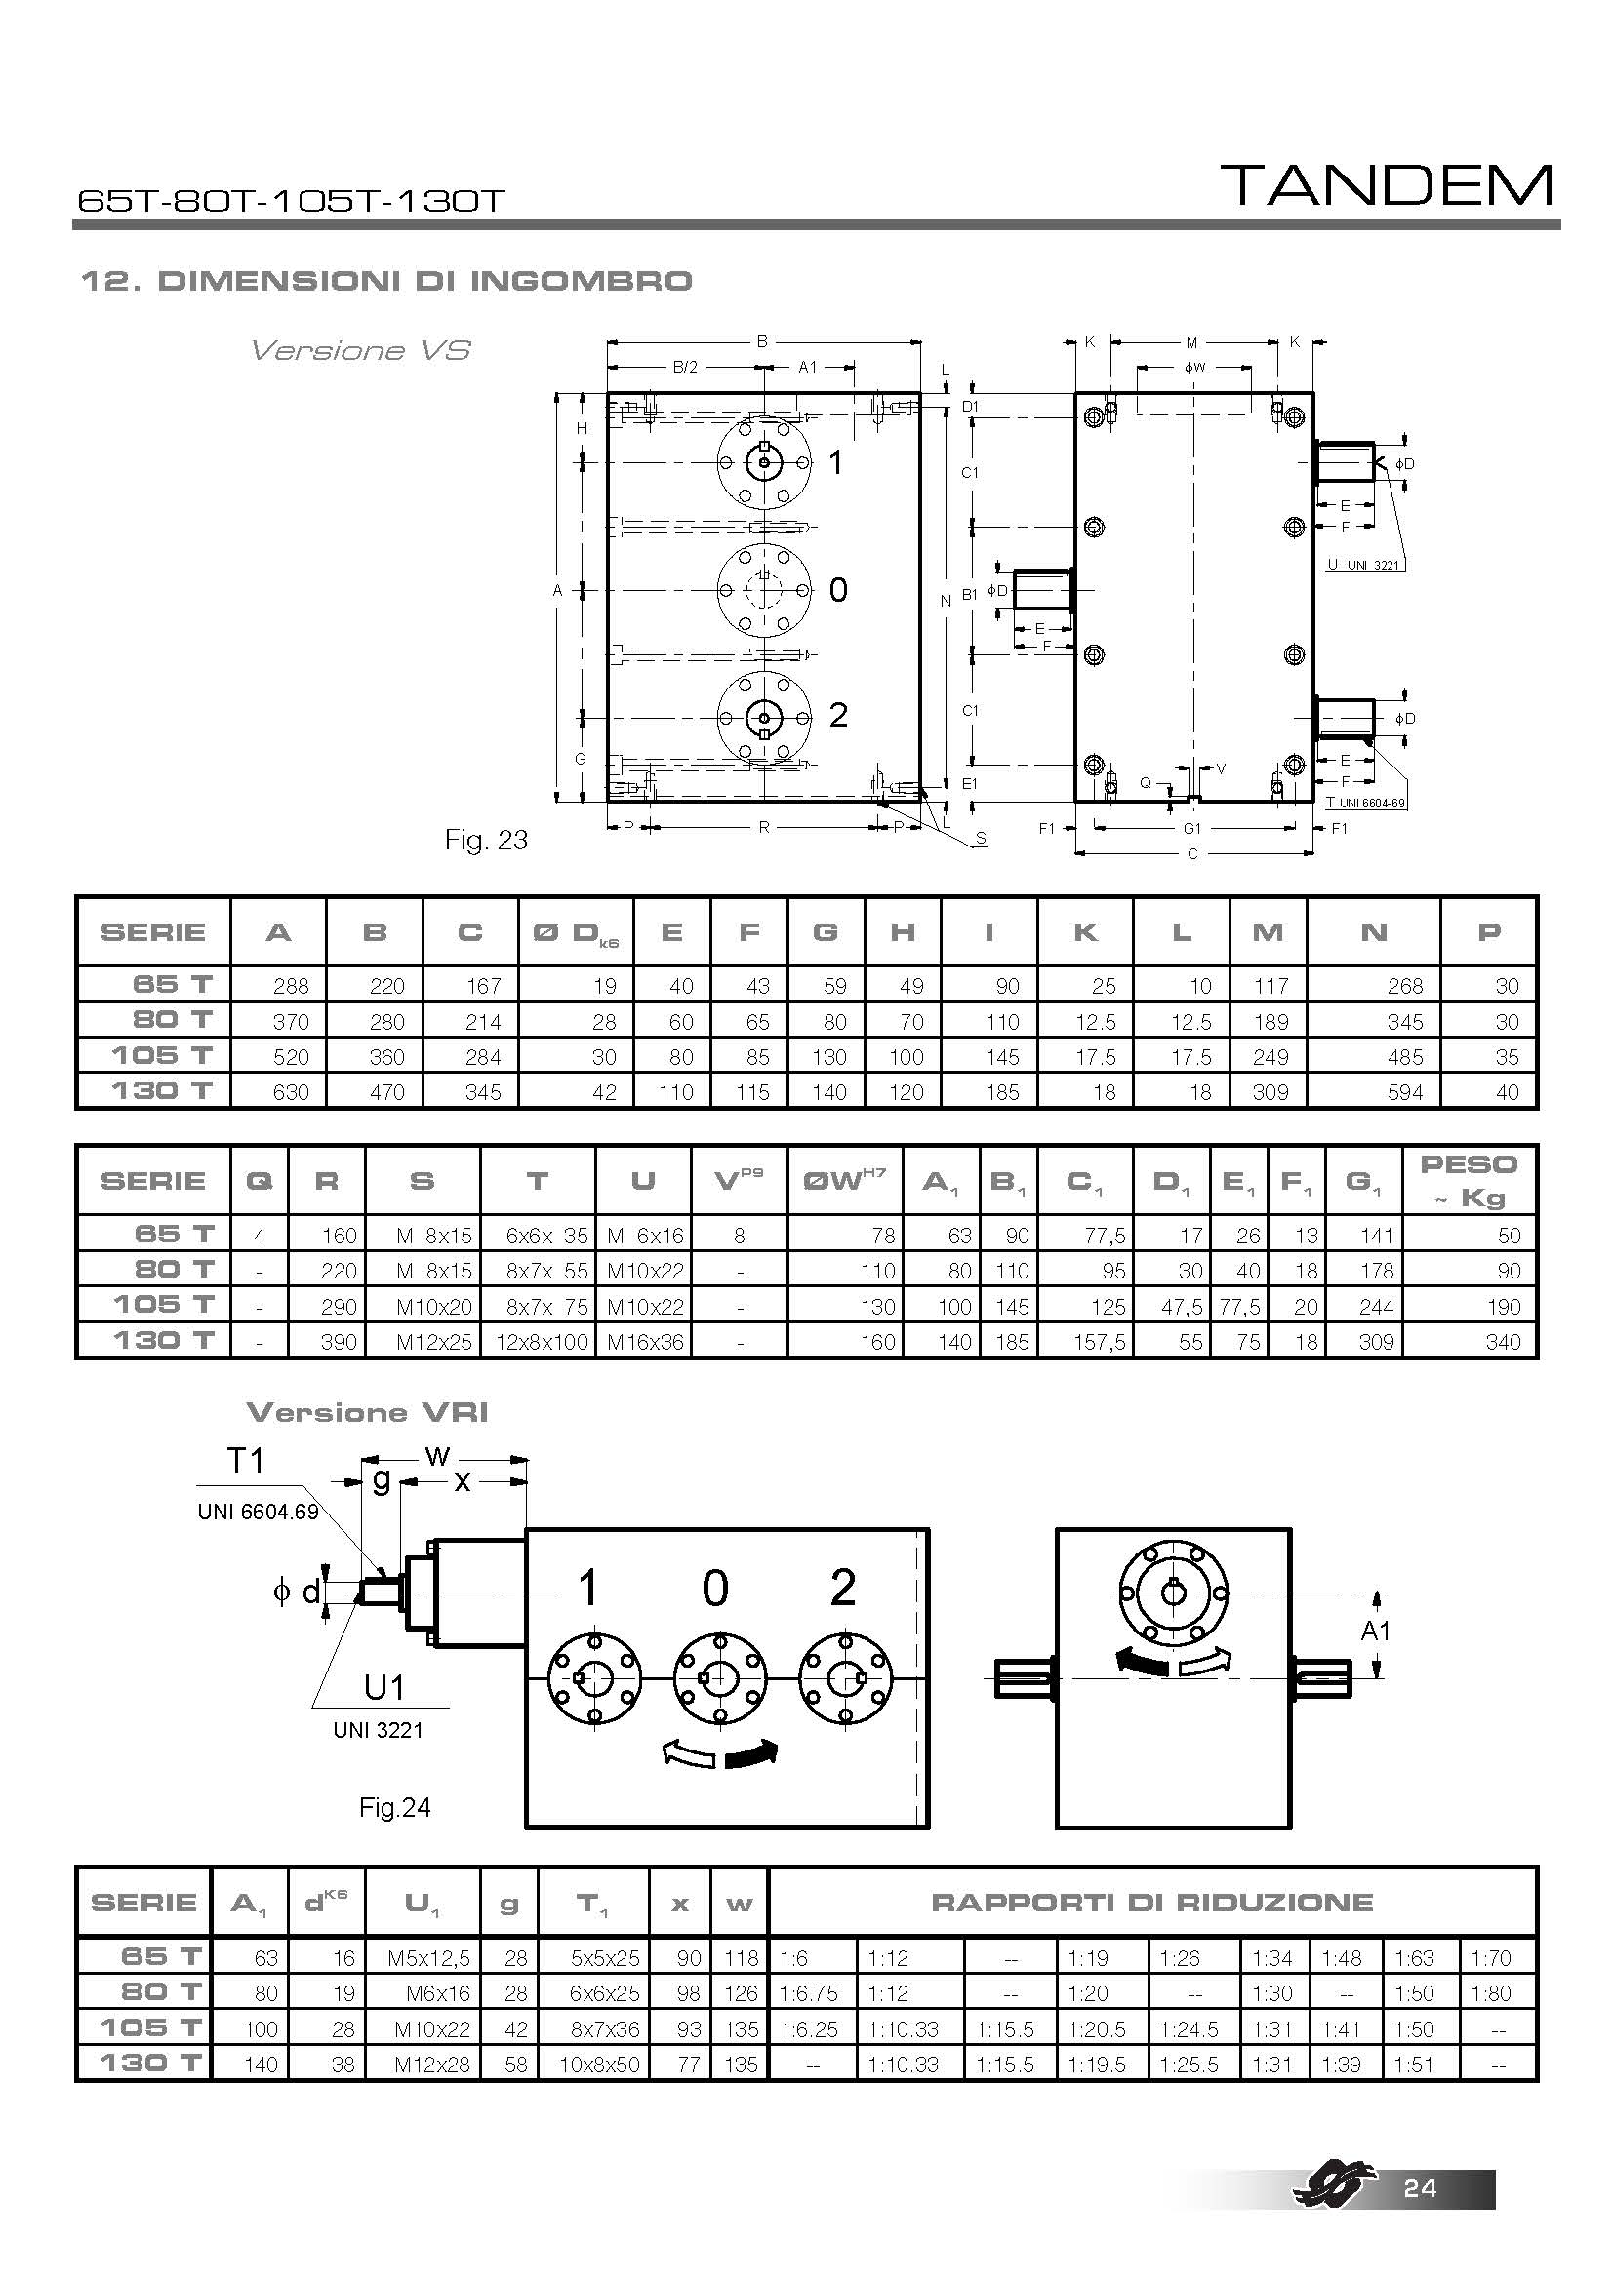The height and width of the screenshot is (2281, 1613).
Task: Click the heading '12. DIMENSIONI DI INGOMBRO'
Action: (x=385, y=281)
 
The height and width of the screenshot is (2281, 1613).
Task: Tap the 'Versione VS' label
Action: (x=360, y=351)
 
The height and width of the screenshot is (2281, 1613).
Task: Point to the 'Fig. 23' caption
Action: (x=486, y=841)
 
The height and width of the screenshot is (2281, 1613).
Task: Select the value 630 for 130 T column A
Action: (x=290, y=1093)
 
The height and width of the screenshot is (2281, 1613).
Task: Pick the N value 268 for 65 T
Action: (x=1404, y=987)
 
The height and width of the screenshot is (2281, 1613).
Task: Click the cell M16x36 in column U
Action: (x=645, y=1342)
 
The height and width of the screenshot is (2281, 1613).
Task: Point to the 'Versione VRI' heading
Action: (x=367, y=1413)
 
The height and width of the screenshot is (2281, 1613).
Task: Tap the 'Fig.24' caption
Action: (x=394, y=1807)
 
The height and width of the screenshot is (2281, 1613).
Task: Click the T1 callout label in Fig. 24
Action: (x=247, y=1461)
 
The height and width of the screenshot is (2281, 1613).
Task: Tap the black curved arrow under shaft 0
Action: (x=750, y=1756)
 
